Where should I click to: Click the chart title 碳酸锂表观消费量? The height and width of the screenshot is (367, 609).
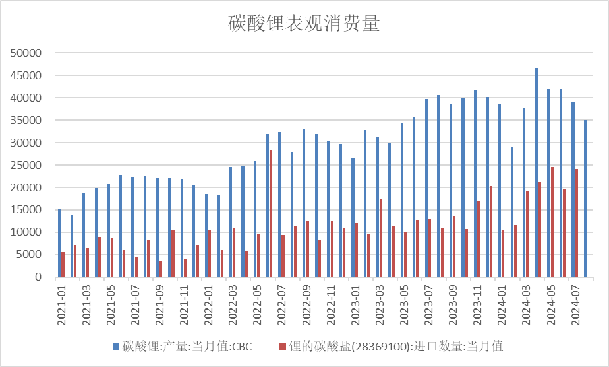(x=304, y=24)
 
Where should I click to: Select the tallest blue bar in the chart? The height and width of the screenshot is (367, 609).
(x=536, y=172)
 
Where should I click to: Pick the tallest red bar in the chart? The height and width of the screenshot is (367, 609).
(x=270, y=213)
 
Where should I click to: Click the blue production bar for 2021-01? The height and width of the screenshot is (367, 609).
(x=59, y=243)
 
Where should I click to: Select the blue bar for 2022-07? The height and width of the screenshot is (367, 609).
(x=279, y=204)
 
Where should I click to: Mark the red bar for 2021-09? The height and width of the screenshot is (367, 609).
(x=161, y=269)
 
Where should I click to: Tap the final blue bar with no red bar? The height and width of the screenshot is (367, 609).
(x=585, y=198)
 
